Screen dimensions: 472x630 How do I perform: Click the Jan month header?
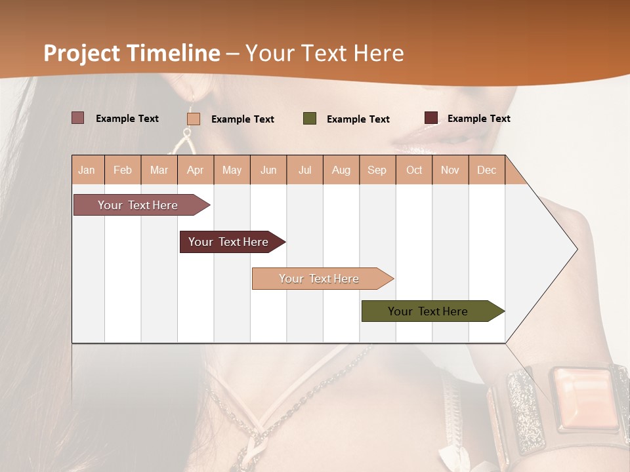87,170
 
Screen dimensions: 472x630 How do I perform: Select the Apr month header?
195,170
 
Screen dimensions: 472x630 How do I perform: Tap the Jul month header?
304,170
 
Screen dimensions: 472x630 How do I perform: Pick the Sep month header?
377,170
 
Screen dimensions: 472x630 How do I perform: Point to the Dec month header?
486,170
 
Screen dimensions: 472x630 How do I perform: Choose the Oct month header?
414,170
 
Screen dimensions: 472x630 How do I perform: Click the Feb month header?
123,170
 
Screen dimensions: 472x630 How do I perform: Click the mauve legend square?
78,118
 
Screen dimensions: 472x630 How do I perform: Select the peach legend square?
194,119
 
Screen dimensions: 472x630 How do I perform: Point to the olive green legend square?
310,119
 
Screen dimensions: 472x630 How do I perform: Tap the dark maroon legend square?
431,118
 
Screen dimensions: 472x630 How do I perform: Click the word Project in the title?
82,53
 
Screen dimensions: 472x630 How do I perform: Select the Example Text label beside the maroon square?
478,119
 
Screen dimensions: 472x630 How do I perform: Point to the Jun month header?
268,170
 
